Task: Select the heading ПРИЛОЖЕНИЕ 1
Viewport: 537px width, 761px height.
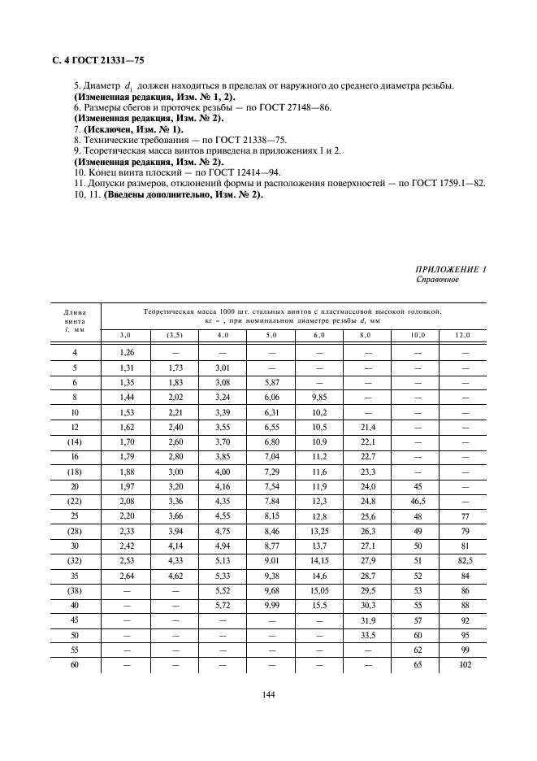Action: coord(451,269)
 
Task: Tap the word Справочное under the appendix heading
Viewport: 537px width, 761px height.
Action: coord(437,280)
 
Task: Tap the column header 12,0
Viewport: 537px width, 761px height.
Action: coord(462,335)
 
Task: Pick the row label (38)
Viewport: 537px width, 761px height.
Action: coord(75,591)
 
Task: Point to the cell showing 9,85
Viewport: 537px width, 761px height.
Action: coord(318,398)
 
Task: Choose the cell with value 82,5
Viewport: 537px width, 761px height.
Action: coord(462,560)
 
